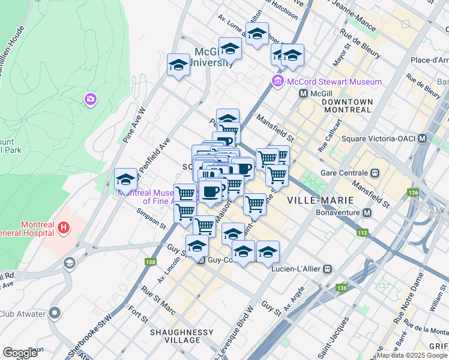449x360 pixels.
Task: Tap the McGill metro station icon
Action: [x=304, y=94]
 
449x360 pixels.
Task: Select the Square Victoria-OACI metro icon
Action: [x=423, y=139]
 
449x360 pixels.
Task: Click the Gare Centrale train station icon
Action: [x=375, y=173]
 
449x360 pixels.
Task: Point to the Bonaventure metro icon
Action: [x=366, y=213]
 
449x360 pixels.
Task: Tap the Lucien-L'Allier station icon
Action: [x=327, y=269]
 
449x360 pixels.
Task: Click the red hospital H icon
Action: [x=63, y=228]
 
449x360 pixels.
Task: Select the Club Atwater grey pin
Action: [x=55, y=313]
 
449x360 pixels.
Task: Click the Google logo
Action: [x=20, y=353]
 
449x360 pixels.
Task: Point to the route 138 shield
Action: [x=151, y=262]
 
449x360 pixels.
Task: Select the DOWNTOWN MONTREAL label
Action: [x=347, y=106]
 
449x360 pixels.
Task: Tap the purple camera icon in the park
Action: [x=91, y=99]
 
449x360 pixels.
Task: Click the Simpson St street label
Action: [x=151, y=218]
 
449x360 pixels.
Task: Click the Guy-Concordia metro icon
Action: [x=202, y=261]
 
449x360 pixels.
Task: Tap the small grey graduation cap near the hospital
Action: [x=70, y=263]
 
